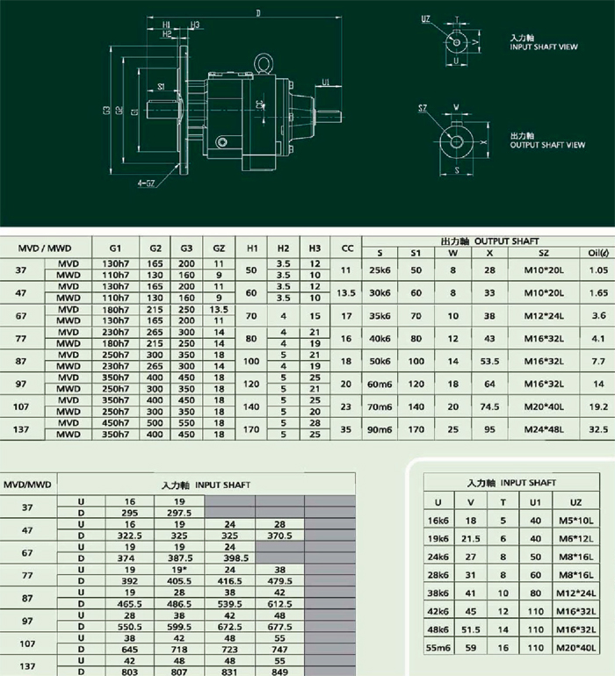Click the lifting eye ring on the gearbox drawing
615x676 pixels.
tap(261, 62)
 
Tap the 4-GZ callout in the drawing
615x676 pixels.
tap(147, 183)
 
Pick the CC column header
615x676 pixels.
tap(347, 248)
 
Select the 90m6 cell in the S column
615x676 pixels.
tap(379, 428)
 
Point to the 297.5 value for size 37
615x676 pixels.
tap(180, 512)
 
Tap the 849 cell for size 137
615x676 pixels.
tap(279, 670)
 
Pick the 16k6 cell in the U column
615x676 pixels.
tap(438, 520)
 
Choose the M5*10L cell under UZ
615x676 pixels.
tap(575, 520)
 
